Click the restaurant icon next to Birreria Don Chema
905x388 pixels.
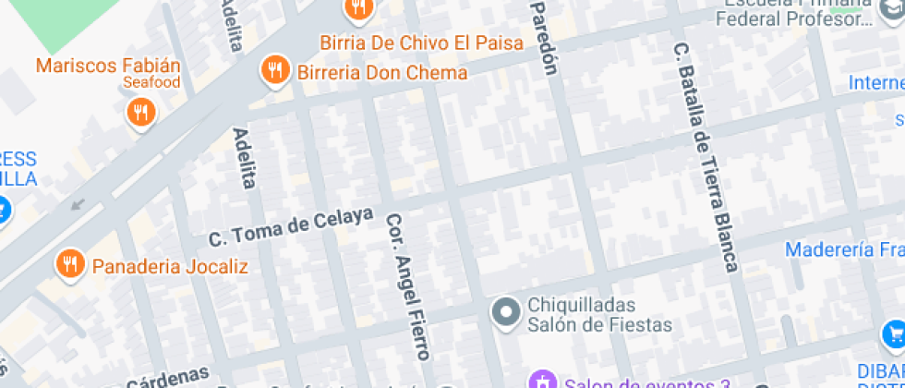tap(275, 71)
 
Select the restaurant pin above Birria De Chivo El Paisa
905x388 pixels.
tap(357, 9)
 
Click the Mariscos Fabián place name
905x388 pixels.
tap(108, 66)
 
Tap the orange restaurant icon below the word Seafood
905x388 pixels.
tap(140, 113)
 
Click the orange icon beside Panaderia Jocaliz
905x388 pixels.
tap(70, 264)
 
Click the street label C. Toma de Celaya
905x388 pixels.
tap(291, 226)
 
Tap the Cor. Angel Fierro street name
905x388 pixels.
tap(407, 287)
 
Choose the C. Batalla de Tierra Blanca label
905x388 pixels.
tap(706, 157)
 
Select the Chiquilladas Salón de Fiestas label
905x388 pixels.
tap(599, 314)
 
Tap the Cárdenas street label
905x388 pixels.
tap(167, 378)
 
